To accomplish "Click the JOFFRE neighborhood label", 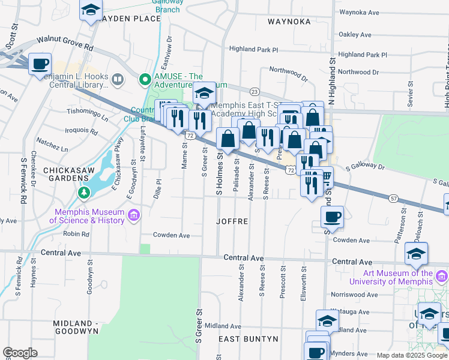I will point(232,221).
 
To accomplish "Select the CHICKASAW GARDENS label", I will point(66,176).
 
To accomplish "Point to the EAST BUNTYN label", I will point(248,339).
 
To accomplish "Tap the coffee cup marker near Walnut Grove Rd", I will point(40,64).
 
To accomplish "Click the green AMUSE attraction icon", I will point(144,79).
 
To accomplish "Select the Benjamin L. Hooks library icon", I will point(118,79).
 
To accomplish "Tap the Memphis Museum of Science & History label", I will point(90,216).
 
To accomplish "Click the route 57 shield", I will point(394,197).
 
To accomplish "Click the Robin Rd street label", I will point(76,234).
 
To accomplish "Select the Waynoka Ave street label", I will point(359,11).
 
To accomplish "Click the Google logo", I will point(20,353).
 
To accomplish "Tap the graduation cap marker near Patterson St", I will point(416,253).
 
